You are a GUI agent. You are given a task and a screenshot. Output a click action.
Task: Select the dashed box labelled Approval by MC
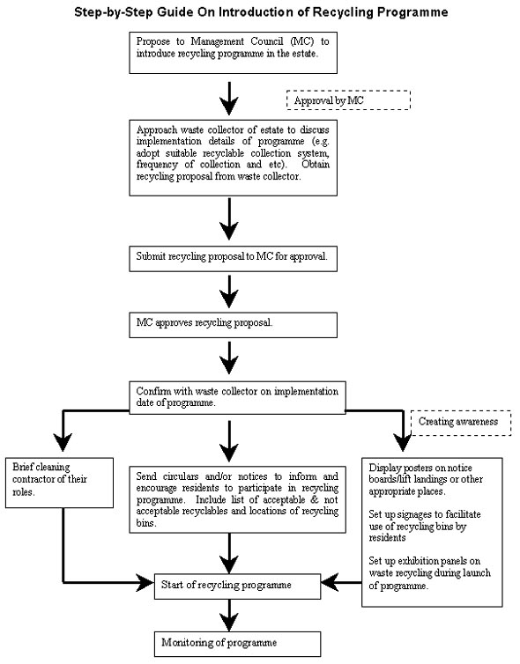[x=348, y=100]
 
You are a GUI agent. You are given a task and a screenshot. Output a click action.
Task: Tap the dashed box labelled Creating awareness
[x=461, y=423]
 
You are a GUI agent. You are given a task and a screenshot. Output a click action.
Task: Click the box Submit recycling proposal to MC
[x=233, y=259]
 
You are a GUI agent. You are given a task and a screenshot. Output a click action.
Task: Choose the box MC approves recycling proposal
[x=233, y=325]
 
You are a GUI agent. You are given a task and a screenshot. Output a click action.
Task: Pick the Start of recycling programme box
[x=237, y=587]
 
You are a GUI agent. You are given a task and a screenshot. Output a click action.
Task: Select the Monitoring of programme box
[x=237, y=644]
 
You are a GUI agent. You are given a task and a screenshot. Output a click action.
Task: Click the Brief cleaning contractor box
[x=59, y=483]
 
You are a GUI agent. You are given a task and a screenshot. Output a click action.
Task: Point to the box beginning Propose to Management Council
[x=233, y=53]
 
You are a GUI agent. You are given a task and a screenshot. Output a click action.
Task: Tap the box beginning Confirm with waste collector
[x=237, y=398]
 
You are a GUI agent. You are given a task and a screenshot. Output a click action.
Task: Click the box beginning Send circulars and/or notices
[x=237, y=499]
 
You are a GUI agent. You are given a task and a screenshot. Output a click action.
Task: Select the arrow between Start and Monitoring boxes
[x=229, y=615]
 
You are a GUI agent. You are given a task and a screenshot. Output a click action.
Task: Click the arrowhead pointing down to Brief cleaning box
[x=63, y=442]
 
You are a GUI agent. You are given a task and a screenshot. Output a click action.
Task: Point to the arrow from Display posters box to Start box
[x=341, y=582]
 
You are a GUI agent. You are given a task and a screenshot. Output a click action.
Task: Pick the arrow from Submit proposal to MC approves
[x=229, y=291]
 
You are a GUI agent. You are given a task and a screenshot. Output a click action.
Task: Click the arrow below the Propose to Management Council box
[x=229, y=99]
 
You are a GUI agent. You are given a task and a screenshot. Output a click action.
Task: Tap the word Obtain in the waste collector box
[x=316, y=165]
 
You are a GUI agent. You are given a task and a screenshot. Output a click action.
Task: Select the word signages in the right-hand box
[x=405, y=515]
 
